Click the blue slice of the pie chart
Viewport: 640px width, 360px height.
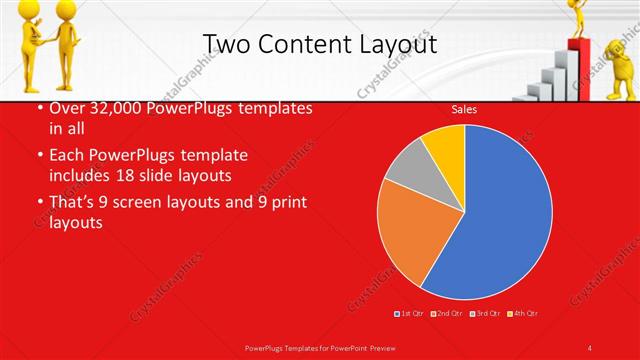(x=495, y=215)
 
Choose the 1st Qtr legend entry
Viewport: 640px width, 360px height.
(x=410, y=314)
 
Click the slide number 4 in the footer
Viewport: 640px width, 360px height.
(x=591, y=348)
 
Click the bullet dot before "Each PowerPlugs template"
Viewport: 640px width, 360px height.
(x=39, y=157)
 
